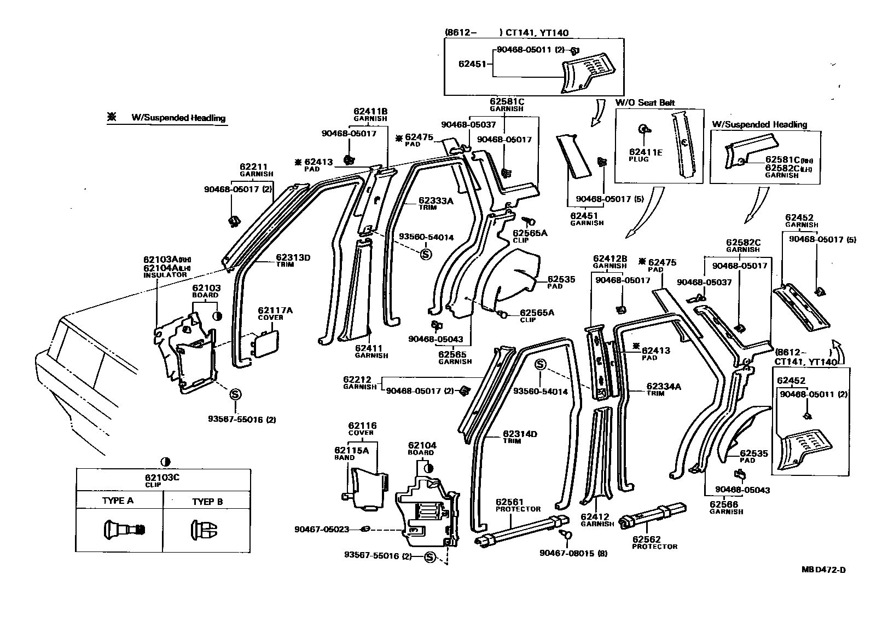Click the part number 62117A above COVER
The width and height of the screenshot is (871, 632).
tap(275, 311)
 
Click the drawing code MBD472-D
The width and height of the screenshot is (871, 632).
tap(823, 570)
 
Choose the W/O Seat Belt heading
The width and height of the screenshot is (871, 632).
tap(645, 102)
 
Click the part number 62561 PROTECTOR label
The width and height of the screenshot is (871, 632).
tap(510, 502)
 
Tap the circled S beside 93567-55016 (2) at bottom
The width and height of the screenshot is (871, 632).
tap(429, 557)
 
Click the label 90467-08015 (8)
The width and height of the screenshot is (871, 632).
tap(573, 553)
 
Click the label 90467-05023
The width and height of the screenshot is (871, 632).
tap(321, 529)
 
